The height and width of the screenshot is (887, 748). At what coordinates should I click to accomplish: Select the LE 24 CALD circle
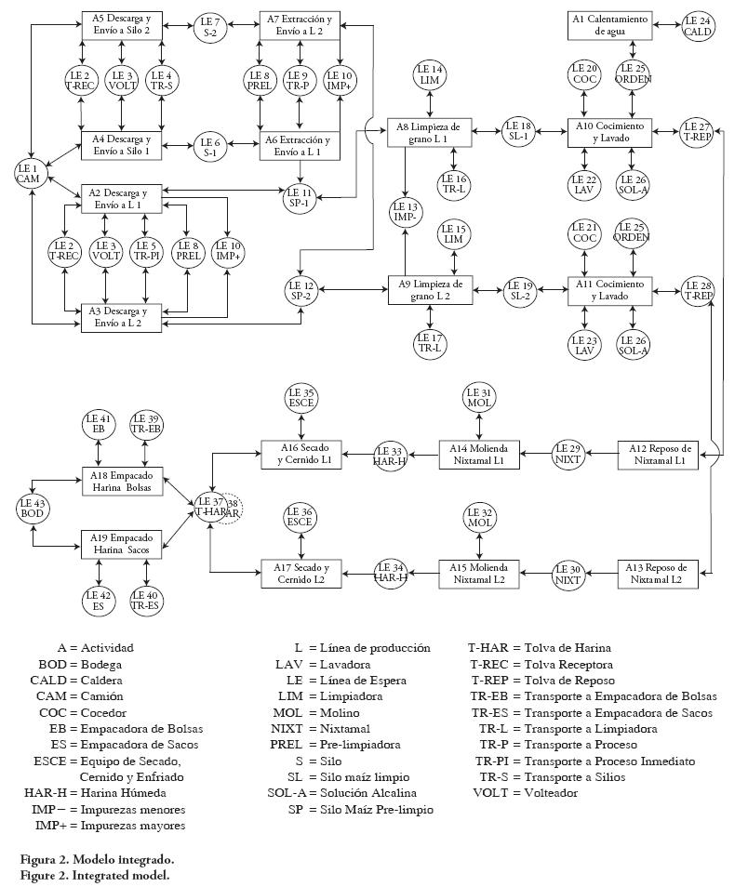coord(698,25)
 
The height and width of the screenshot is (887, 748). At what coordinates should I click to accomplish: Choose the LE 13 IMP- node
coord(407,212)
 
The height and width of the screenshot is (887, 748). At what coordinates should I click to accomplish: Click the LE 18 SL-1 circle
coord(519,132)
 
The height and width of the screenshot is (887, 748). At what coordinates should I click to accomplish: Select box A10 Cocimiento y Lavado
coord(611,132)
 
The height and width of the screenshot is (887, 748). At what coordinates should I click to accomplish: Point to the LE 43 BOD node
coord(34,509)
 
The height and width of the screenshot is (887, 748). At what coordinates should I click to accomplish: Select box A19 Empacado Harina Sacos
coord(122,543)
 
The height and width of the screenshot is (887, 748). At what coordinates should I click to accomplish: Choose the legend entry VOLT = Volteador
coord(526,793)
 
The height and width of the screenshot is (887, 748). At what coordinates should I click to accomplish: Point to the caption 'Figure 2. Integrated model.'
coord(96,875)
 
